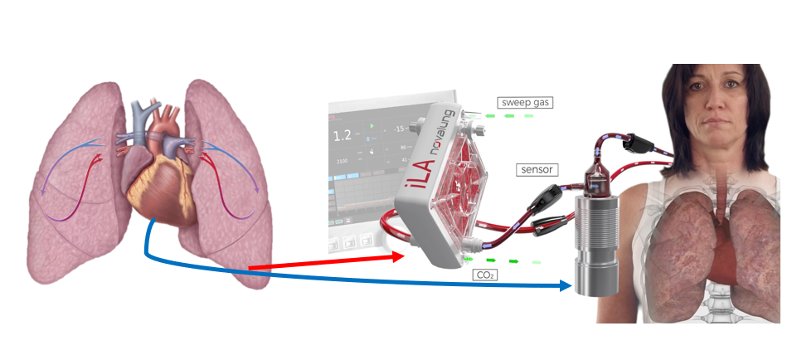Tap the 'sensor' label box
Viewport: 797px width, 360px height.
(x=537, y=169)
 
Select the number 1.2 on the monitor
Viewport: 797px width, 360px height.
(x=342, y=135)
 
